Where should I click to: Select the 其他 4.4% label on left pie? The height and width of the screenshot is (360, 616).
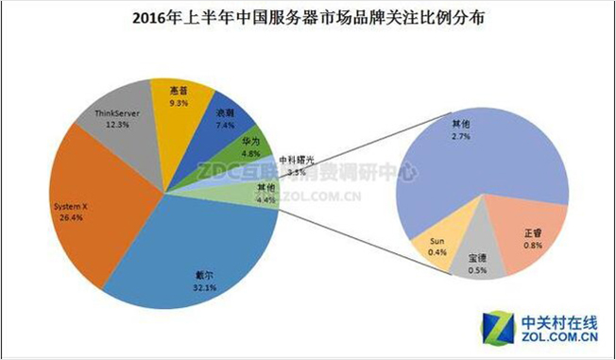click(267, 194)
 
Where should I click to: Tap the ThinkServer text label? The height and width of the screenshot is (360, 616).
click(118, 113)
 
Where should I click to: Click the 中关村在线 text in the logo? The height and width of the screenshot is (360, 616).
click(561, 321)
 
